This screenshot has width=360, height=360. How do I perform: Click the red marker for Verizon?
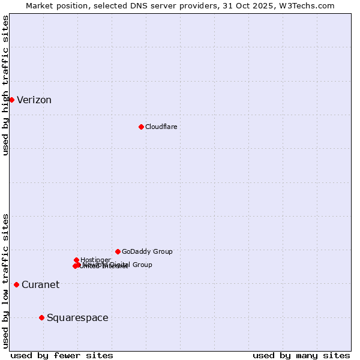[x=11, y=100]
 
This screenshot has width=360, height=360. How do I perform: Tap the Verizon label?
[x=34, y=100]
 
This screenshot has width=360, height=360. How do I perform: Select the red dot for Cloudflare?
[x=141, y=127]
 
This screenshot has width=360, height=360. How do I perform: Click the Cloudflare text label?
[x=161, y=127]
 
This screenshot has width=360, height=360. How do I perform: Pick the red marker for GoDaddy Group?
[x=118, y=251]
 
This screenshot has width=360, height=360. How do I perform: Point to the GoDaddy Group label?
[x=147, y=251]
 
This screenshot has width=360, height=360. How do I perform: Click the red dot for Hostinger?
[x=76, y=260]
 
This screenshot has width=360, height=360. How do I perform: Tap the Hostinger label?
[x=96, y=260]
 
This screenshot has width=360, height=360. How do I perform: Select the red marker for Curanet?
[x=16, y=284]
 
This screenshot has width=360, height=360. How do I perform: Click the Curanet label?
[x=40, y=285]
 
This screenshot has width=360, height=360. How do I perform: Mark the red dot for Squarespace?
[x=41, y=317]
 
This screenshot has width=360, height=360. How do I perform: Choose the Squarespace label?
[x=77, y=318]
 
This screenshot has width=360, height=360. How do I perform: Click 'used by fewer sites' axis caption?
[x=62, y=355]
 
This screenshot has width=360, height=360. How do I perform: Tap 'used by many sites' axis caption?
[x=301, y=355]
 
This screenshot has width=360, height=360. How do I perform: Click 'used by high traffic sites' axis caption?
[x=5, y=85]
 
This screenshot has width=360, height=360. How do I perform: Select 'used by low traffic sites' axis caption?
[x=5, y=280]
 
